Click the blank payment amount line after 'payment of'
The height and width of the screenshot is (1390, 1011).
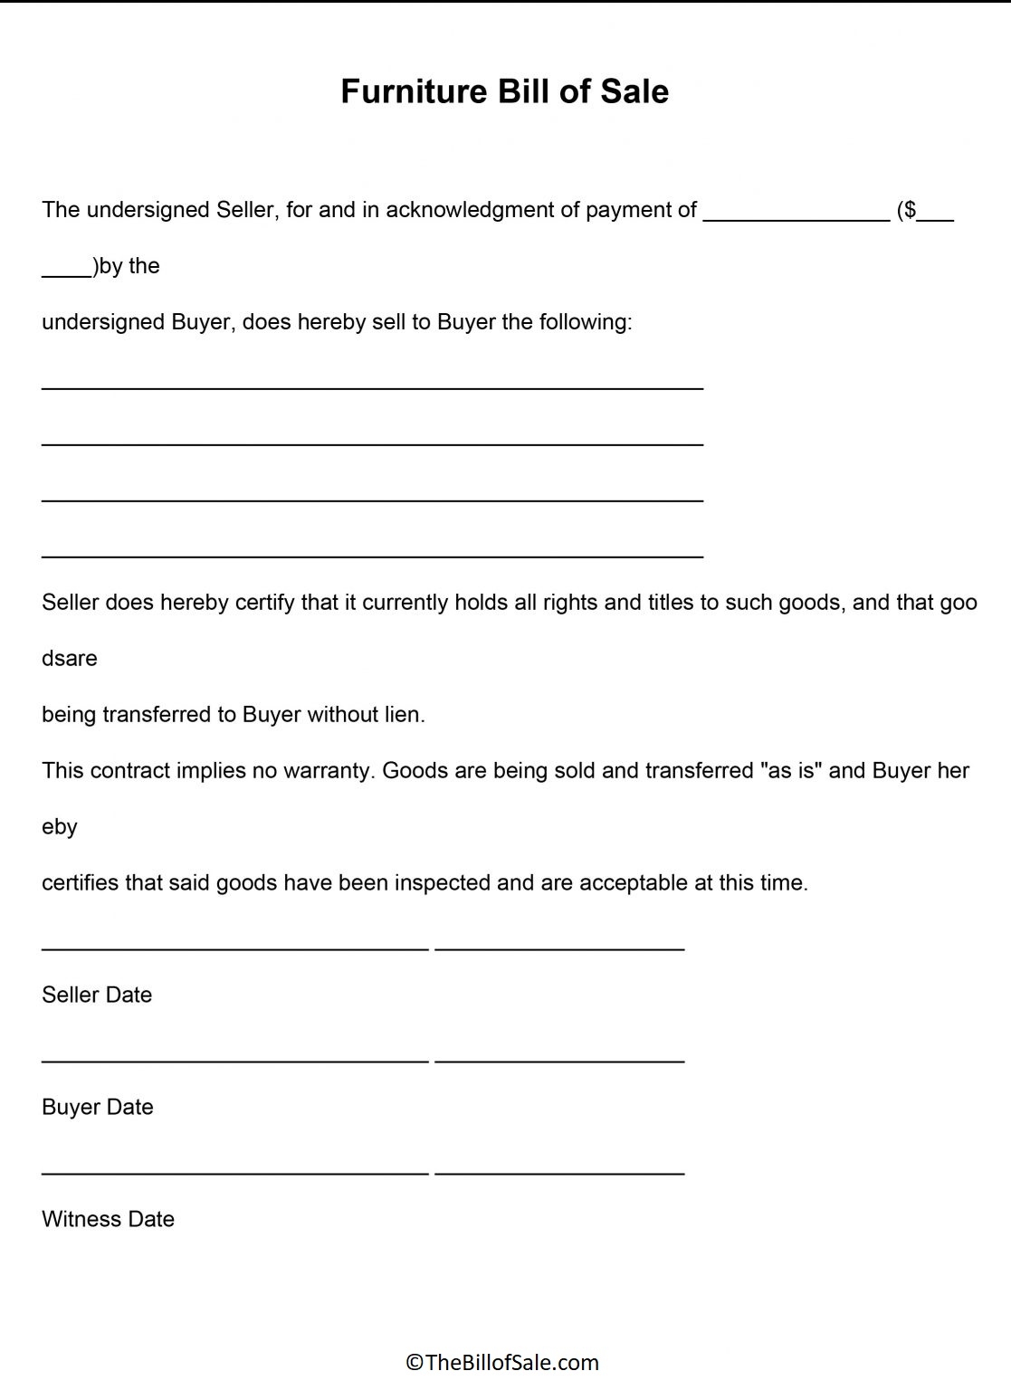pos(796,217)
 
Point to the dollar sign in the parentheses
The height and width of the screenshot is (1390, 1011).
pos(910,210)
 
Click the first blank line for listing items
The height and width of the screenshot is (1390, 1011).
pos(372,387)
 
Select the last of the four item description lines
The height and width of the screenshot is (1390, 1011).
pos(372,556)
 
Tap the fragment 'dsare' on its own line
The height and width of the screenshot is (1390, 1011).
pos(70,659)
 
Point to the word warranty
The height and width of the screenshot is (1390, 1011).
pos(328,771)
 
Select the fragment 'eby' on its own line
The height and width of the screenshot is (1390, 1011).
pos(60,827)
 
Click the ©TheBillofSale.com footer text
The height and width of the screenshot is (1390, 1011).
pos(502,1362)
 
